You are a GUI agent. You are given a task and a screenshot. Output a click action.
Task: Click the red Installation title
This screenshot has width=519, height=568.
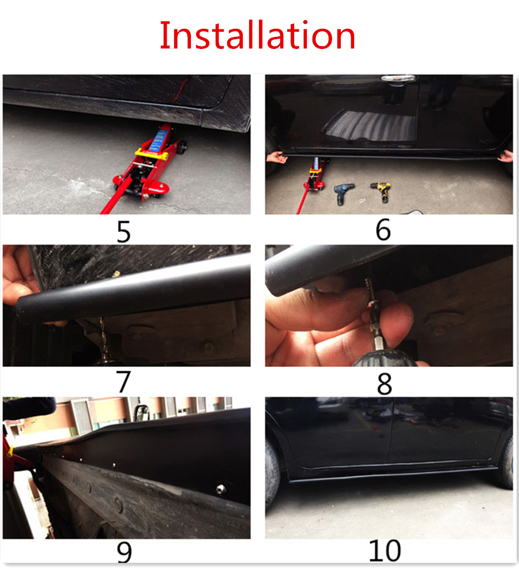(257, 35)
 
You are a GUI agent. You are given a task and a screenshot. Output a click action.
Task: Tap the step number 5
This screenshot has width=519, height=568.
(123, 232)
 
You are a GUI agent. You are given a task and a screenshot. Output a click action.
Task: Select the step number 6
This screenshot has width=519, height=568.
(383, 230)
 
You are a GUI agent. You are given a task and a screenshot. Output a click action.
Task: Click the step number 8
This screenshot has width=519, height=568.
(384, 384)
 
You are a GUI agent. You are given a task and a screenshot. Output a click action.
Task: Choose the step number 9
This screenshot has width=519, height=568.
(124, 552)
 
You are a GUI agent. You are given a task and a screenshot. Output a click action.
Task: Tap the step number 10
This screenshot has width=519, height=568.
(385, 551)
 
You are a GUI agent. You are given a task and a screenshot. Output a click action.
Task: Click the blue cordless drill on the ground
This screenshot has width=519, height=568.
(343, 193)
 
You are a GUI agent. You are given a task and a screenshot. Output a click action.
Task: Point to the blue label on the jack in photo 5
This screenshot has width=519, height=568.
(157, 141)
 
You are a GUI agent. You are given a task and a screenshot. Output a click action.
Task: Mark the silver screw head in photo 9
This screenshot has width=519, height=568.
(221, 490)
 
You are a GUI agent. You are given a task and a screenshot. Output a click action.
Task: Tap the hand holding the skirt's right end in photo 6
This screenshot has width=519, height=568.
(506, 156)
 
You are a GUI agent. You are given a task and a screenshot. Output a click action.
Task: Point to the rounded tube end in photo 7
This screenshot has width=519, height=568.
(22, 309)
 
